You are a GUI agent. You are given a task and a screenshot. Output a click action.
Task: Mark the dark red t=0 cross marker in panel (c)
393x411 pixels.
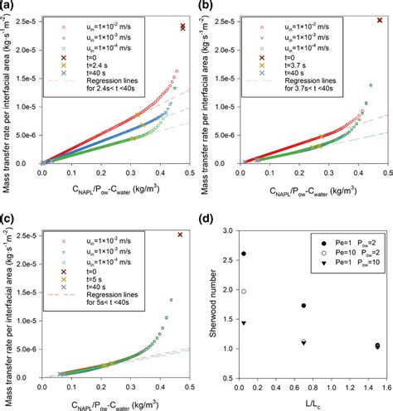click(180, 235)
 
